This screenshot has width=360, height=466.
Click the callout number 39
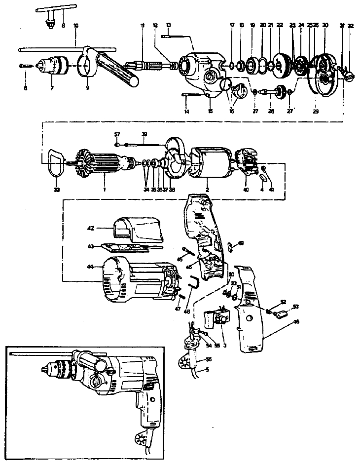click(x=144, y=134)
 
